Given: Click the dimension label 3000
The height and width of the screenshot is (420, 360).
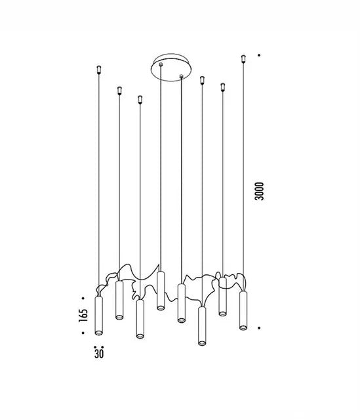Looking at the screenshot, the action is (260, 191).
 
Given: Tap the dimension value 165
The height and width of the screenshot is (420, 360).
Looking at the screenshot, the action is (83, 315).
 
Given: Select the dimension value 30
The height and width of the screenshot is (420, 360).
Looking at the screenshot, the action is (99, 354).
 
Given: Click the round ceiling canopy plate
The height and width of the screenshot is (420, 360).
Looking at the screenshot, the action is (171, 68).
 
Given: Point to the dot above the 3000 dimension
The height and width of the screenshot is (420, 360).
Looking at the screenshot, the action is (259, 55).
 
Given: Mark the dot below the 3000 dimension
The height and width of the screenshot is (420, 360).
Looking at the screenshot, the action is (259, 328).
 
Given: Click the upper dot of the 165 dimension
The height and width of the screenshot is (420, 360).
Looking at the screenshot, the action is (83, 298).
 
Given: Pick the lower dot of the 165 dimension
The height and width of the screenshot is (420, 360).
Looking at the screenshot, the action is (83, 333).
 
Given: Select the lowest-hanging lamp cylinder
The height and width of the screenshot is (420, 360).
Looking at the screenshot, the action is (202, 326).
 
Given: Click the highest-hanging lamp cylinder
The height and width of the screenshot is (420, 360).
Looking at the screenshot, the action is (161, 291).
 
